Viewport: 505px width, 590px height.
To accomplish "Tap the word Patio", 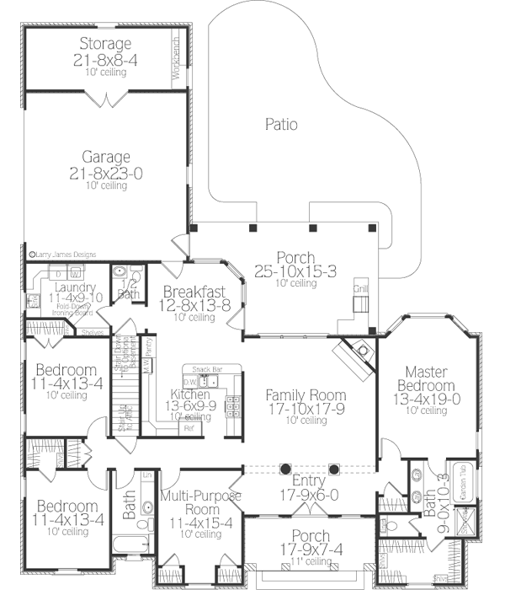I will (281, 125).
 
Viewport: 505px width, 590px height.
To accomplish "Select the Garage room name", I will (106, 157).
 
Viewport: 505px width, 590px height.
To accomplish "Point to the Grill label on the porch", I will (360, 289).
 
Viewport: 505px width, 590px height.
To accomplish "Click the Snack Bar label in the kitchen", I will (206, 369).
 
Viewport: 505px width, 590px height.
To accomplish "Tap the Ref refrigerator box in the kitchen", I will (188, 428).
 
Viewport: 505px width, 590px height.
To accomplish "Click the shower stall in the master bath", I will (462, 523).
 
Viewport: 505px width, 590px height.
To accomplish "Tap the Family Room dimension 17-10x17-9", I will (306, 408).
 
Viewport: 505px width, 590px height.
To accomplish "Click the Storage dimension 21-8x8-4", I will (106, 59).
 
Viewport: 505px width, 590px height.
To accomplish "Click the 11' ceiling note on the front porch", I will (306, 561).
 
